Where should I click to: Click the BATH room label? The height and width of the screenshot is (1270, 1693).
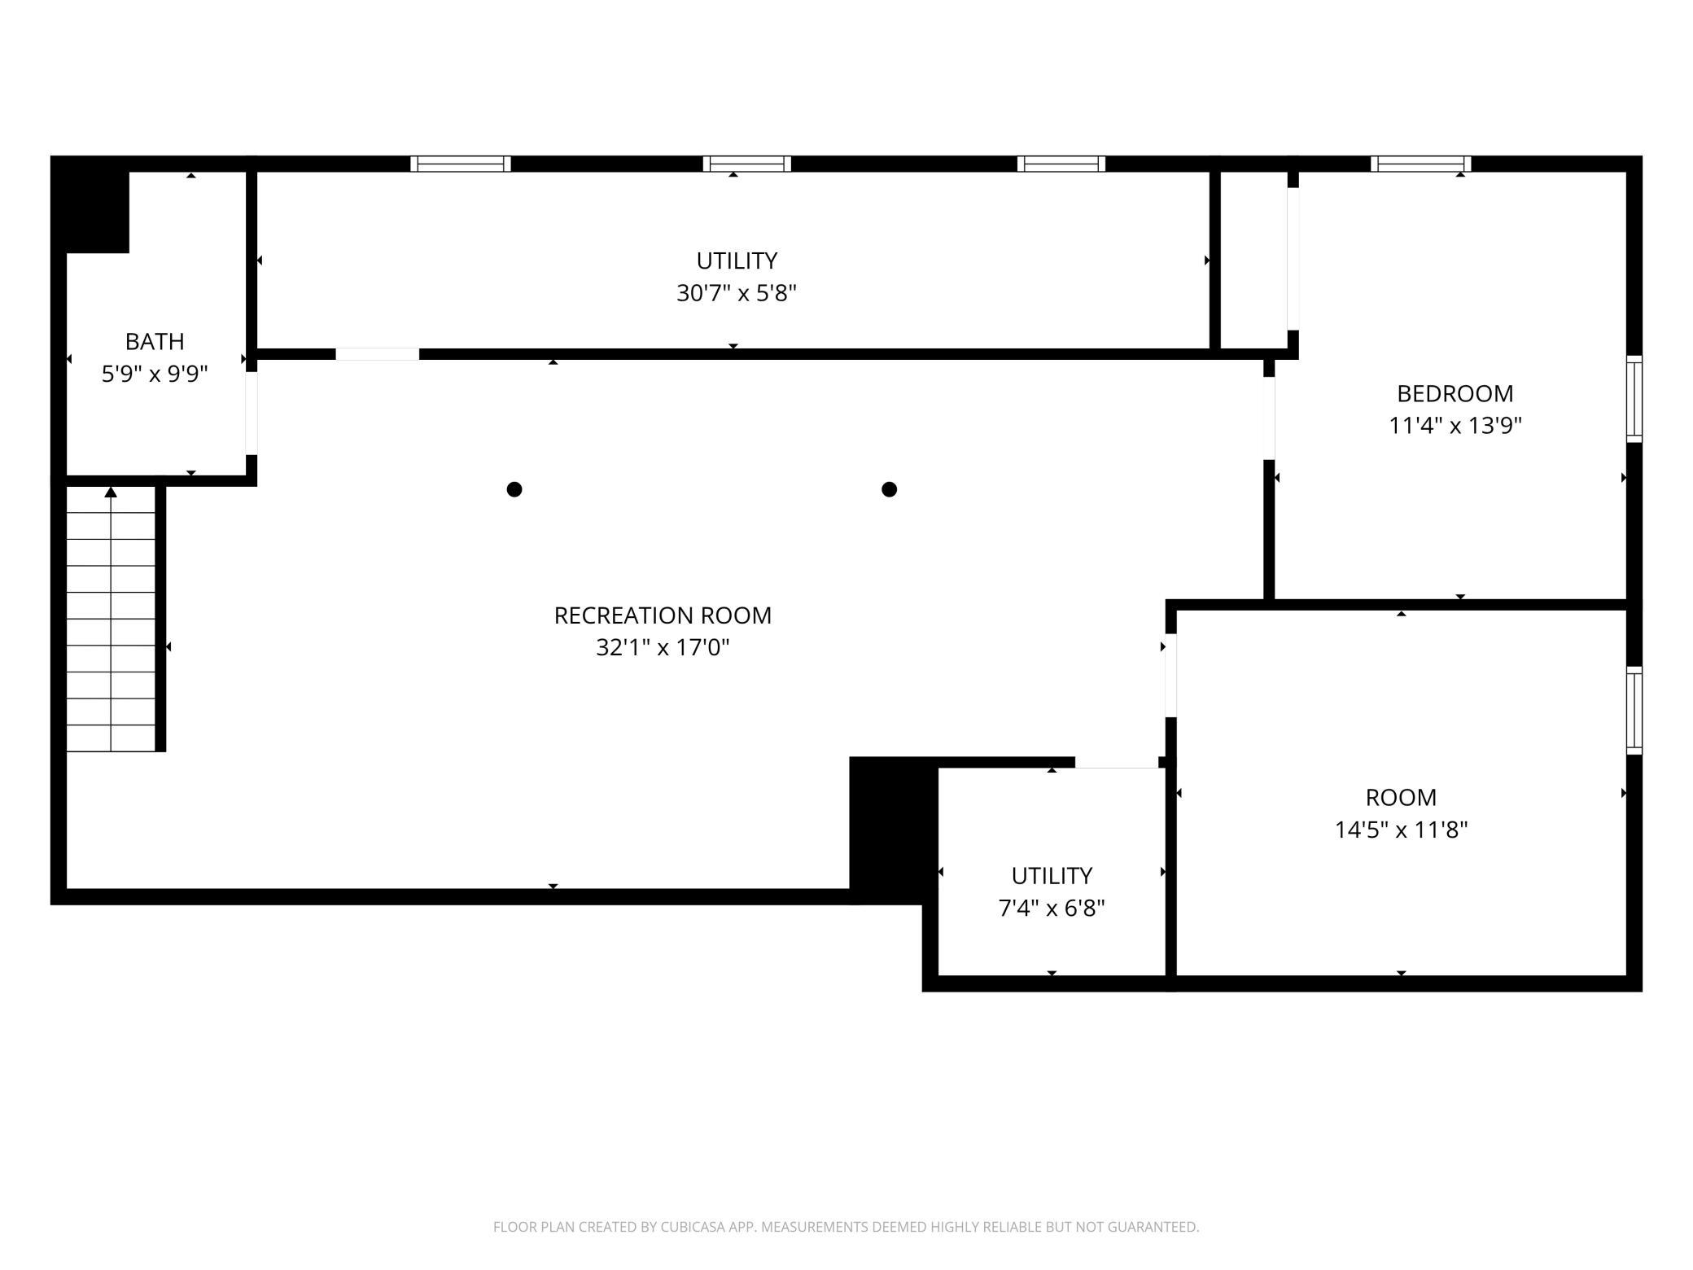pos(155,341)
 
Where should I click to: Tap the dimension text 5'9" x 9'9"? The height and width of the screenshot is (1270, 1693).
pos(155,374)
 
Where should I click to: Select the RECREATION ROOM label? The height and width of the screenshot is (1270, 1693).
pos(663,615)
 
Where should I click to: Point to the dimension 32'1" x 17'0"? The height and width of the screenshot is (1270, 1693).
pos(663,647)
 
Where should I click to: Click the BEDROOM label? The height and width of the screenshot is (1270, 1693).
pos(1455,393)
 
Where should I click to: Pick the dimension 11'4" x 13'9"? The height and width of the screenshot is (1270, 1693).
pos(1455,426)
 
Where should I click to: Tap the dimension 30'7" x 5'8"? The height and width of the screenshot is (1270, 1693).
pos(736,293)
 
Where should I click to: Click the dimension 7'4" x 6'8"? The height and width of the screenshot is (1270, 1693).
pos(1052,908)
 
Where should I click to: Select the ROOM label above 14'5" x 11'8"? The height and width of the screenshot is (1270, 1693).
pos(1401,797)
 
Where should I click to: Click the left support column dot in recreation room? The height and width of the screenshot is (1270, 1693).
pos(514,489)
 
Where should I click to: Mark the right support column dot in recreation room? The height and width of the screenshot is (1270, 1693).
pos(890,489)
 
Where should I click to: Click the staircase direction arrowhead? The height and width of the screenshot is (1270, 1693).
pos(111,492)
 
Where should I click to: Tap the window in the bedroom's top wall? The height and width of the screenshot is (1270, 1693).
pos(1421,164)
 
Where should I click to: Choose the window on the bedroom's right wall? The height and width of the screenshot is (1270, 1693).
pos(1634,399)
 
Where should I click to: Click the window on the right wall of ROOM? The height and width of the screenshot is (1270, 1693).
pos(1634,711)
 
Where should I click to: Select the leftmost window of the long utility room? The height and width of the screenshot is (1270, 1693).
pos(461,164)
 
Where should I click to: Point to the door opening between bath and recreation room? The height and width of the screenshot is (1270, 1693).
pos(252,413)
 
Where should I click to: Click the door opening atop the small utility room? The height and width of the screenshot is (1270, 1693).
pos(1117,763)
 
